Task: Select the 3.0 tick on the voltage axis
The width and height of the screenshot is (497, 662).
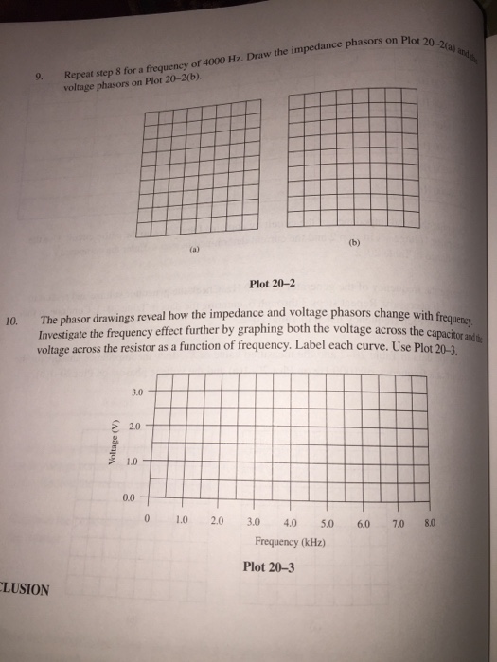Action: point(137,390)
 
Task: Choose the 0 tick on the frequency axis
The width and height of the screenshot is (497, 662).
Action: point(149,520)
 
